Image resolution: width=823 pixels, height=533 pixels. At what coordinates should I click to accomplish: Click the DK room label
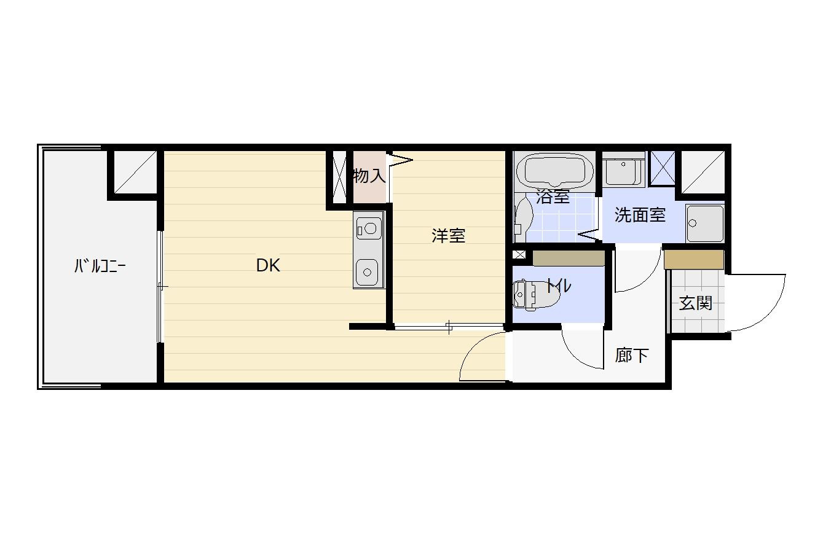[268, 265]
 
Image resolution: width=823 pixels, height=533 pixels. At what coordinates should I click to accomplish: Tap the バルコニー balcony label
[100, 266]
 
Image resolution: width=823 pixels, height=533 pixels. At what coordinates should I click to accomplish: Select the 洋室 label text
[448, 235]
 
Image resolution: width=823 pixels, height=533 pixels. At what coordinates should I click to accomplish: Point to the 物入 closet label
[369, 176]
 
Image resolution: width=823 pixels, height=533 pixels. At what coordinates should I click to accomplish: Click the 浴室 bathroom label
[553, 196]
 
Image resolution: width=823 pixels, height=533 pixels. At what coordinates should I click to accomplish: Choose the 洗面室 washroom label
[640, 215]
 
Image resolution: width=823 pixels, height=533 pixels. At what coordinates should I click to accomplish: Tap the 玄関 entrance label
[696, 303]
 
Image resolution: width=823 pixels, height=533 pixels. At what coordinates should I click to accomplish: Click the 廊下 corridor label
[632, 355]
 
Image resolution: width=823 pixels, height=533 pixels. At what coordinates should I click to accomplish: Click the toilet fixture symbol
[536, 294]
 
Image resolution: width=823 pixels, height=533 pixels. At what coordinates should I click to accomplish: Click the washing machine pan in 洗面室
[705, 223]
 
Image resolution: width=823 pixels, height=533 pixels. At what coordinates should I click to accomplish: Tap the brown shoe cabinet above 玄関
[694, 260]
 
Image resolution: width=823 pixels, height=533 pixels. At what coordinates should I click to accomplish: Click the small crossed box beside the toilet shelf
[519, 254]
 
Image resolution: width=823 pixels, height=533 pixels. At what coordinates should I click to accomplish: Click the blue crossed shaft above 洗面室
[663, 168]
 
